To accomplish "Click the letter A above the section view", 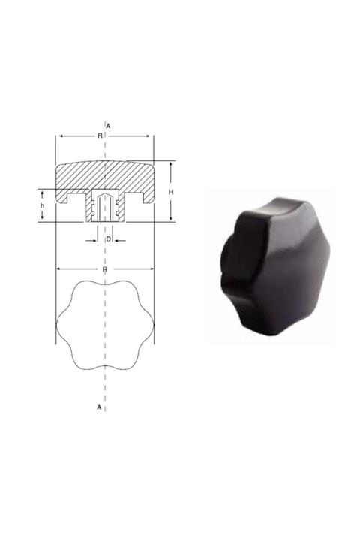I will (x=109, y=125).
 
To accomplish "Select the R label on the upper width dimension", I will (x=100, y=136).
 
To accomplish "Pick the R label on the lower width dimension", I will (x=105, y=268).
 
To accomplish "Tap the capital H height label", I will (x=171, y=193).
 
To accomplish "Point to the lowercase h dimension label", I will (x=43, y=205).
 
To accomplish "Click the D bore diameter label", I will (x=108, y=238).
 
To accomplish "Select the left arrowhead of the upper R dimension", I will (x=59, y=136).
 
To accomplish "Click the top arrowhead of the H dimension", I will (x=171, y=164).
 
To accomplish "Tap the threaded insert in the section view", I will (x=105, y=206).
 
